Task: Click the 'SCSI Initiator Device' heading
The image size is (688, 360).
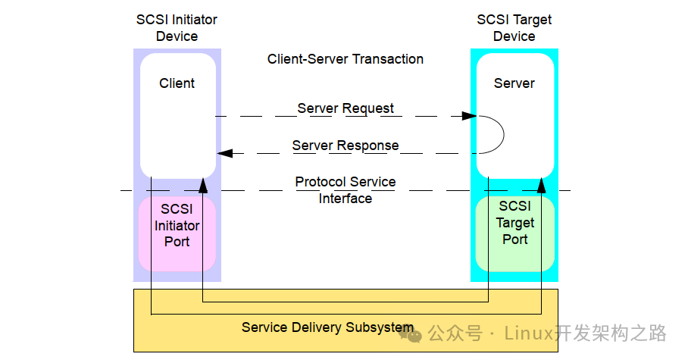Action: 177,27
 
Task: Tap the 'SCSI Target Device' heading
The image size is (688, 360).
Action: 514,27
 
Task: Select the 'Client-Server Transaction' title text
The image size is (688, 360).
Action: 346,59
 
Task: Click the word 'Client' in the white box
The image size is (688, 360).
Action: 177,83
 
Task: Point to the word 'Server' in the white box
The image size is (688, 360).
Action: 514,83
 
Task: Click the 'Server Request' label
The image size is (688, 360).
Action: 346,108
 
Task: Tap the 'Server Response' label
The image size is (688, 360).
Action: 346,146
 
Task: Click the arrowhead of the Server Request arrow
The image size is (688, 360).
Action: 469,116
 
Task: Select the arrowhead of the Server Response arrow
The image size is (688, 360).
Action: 224,153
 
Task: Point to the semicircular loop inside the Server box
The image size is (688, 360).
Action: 504,134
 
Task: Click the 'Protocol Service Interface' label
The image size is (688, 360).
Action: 346,190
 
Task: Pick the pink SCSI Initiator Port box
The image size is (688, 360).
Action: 177,233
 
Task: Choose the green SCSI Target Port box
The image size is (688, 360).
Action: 515,233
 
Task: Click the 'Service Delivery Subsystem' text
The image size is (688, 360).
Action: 327,327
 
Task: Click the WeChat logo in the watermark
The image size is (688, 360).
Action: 411,334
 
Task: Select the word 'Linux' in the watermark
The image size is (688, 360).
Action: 529,333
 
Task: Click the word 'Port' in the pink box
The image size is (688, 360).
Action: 177,242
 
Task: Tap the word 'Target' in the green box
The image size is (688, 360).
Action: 515,223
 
